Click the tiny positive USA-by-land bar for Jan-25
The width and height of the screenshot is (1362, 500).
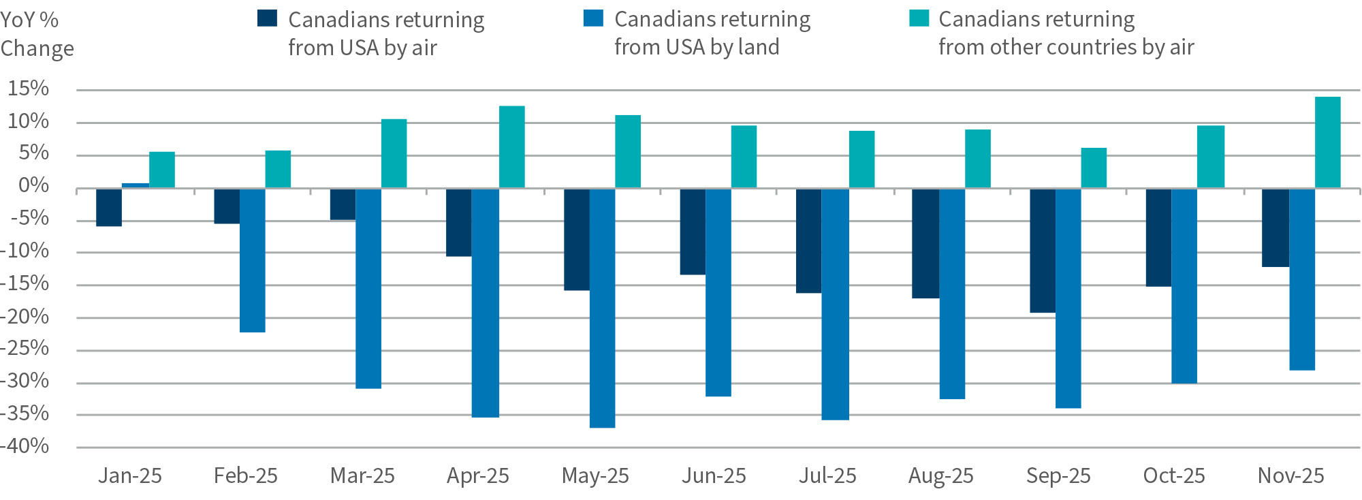click(x=136, y=185)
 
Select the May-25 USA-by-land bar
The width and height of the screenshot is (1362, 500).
click(x=602, y=308)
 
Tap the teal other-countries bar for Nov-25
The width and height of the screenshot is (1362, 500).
click(x=1327, y=142)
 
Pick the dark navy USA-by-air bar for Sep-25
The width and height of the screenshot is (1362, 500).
click(x=1043, y=251)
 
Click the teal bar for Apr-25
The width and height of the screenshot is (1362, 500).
click(x=512, y=147)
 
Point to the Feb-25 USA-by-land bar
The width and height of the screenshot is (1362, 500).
click(x=253, y=260)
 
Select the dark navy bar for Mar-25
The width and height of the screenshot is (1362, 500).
click(x=343, y=204)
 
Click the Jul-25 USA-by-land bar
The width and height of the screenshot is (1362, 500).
click(x=835, y=304)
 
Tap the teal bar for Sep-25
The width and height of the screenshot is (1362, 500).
click(x=1094, y=168)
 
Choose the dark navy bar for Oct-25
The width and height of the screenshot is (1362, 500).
click(x=1158, y=237)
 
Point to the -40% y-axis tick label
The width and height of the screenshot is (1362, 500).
click(x=26, y=446)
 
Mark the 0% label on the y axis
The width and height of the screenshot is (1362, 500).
click(x=33, y=185)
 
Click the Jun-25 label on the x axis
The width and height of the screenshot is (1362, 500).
click(x=714, y=475)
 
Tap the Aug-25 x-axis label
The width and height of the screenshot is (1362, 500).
click(x=940, y=475)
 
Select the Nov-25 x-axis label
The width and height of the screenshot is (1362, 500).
click(x=1290, y=475)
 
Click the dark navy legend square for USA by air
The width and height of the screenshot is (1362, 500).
click(x=267, y=18)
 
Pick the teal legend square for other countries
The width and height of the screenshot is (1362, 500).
click(x=919, y=18)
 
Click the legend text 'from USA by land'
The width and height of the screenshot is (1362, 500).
click(x=696, y=47)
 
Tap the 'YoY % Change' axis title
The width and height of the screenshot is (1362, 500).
click(x=37, y=34)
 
